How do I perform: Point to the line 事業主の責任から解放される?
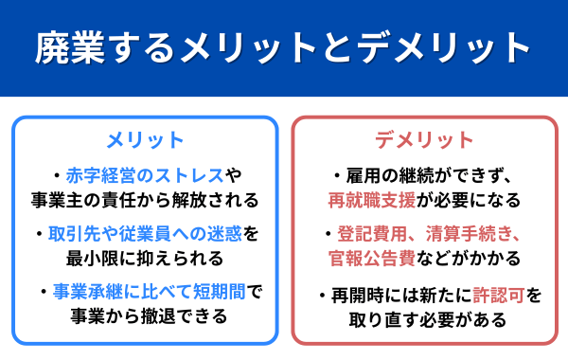pyautogui.click(x=145, y=200)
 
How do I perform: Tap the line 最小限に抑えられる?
pyautogui.click(x=145, y=258)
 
